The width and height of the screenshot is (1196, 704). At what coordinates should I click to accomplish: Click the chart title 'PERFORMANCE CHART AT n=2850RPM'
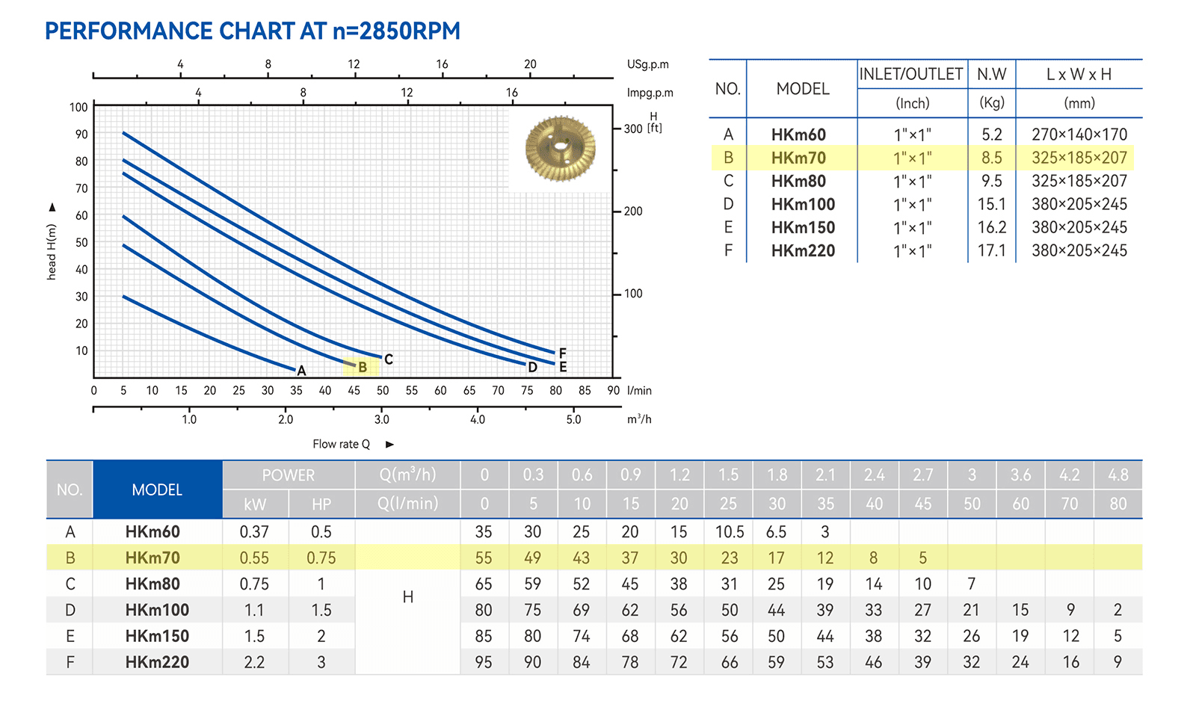coord(252,31)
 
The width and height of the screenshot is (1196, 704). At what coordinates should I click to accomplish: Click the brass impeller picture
coord(560,149)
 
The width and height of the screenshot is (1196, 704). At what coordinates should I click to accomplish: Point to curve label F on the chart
coord(562,353)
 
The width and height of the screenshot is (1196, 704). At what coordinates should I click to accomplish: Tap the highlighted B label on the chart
coord(363,367)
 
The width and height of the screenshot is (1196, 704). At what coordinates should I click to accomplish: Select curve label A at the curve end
coord(301,371)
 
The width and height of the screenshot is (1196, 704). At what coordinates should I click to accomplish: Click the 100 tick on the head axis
coord(78,108)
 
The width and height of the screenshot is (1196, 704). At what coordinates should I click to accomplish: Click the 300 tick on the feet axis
coord(632,129)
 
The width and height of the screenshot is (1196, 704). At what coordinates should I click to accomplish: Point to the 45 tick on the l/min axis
coord(354,390)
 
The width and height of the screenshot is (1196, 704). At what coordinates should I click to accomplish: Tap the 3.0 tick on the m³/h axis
coord(381,419)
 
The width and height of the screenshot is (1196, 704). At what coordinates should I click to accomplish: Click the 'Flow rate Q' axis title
coord(341,444)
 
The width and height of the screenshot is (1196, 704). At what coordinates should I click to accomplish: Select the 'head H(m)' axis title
coord(52,252)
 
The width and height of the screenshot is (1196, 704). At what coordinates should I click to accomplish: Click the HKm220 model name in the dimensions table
coord(803,251)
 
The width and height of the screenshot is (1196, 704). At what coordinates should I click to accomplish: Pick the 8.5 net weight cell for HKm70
coord(991,158)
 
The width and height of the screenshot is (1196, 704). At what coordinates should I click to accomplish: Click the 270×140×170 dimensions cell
coord(1079,135)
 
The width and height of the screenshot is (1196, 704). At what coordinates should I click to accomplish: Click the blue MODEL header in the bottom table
coord(158,490)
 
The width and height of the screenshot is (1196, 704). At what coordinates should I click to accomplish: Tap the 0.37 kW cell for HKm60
coord(254,531)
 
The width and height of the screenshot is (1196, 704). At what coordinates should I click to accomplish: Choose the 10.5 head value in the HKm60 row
coord(730,531)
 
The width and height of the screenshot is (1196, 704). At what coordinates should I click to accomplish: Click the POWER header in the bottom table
coord(289,475)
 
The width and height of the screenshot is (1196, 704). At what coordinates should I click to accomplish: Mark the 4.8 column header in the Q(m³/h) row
coord(1118,475)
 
